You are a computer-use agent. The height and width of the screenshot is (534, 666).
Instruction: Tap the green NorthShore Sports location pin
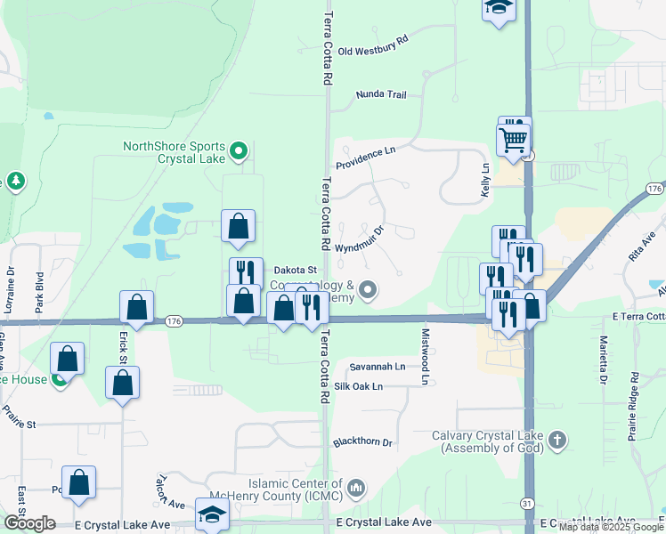[x=238, y=152]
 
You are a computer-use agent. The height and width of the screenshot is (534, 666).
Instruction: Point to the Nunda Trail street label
[x=380, y=93]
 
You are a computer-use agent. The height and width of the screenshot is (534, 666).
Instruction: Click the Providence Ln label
[x=365, y=158]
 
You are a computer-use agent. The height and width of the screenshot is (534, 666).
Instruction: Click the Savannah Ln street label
[x=377, y=366]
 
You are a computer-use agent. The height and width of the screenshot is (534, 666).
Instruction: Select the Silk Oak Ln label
[x=358, y=386]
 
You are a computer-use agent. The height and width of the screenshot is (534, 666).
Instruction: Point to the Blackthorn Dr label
[x=361, y=441]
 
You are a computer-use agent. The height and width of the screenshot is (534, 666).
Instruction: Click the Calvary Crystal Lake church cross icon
[x=556, y=440]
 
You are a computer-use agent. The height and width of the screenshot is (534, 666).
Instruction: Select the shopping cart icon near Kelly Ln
[x=513, y=139]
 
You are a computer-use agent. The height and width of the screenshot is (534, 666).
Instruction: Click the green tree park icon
[x=16, y=182]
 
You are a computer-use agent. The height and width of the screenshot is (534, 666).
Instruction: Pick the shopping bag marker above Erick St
[x=136, y=307]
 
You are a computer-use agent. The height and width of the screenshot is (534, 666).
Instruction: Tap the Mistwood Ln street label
[x=425, y=343]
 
